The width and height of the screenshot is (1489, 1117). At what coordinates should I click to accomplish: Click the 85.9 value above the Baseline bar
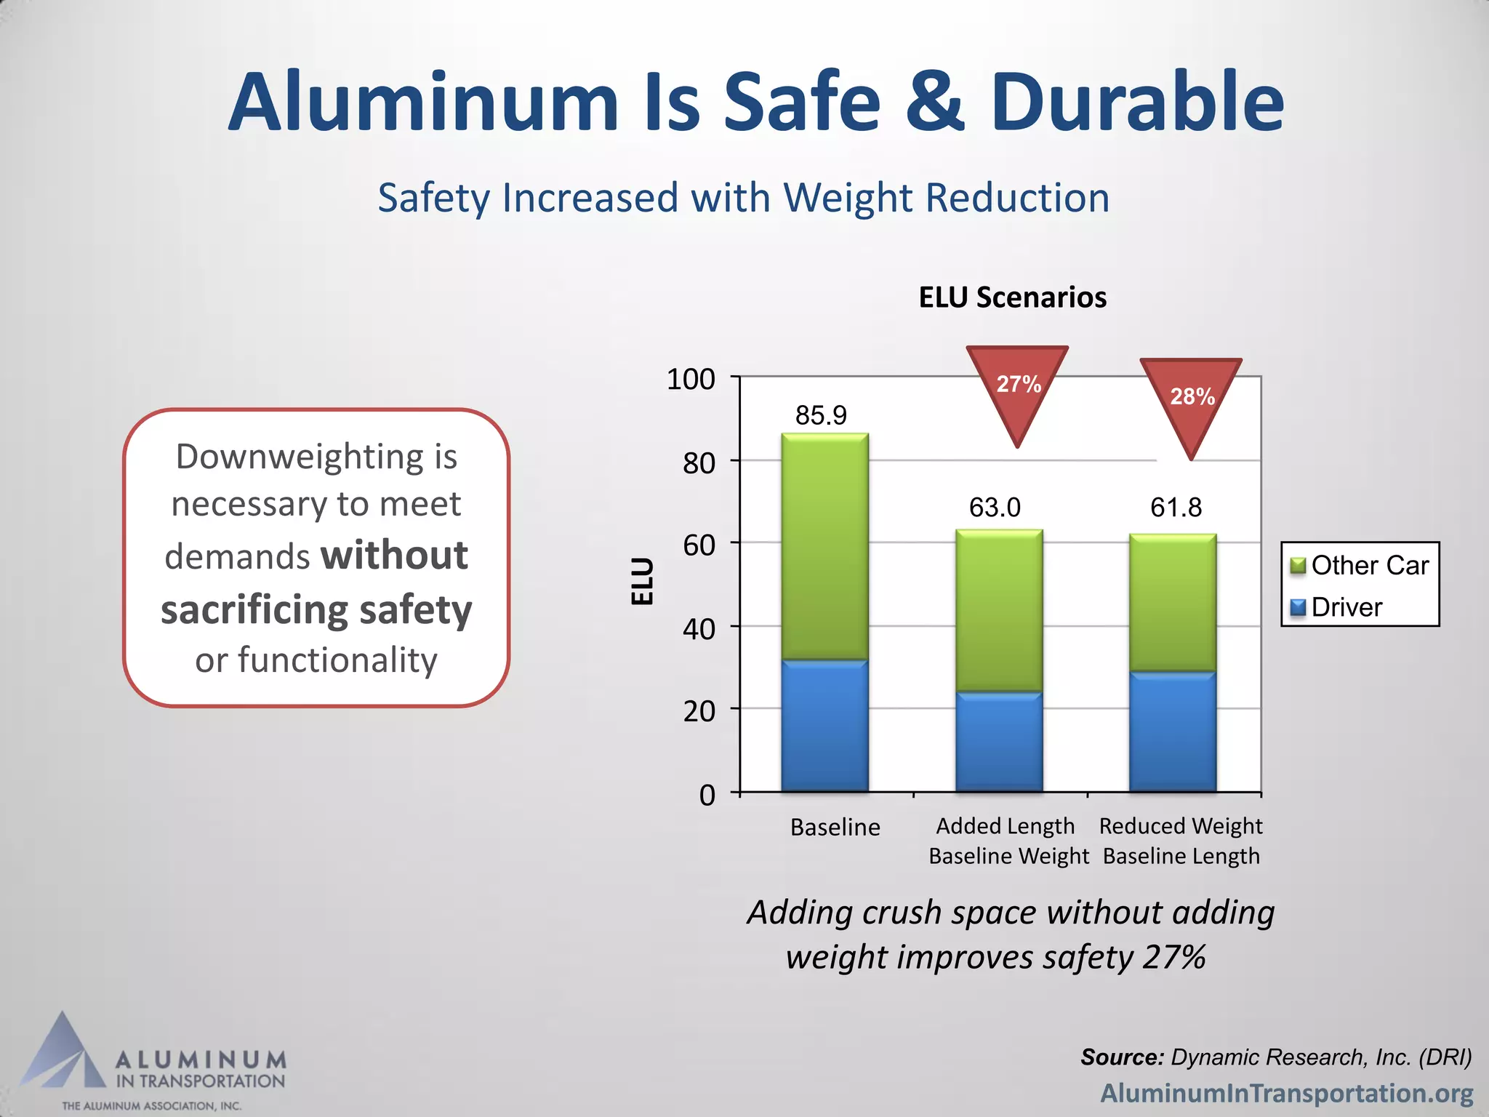point(821,415)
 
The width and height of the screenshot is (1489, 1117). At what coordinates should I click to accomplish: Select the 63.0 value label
point(995,507)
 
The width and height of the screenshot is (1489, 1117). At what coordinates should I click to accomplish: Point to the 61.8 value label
point(1176,507)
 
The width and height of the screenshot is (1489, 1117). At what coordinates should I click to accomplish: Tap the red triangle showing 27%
point(1017,385)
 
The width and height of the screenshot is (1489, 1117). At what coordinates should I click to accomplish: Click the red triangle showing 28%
point(1191,398)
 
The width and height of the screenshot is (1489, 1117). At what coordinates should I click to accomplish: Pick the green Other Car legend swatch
point(1298,566)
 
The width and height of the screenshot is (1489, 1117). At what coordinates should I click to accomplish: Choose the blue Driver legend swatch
point(1298,607)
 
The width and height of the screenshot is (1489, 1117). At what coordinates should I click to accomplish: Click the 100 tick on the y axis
point(691,380)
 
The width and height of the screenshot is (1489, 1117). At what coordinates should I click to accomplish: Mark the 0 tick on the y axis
point(707,795)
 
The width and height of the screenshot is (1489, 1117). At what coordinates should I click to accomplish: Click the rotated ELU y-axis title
point(643,582)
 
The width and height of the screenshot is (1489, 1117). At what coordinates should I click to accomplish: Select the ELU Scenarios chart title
point(1012,297)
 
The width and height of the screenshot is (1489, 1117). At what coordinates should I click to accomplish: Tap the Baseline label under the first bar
point(835,828)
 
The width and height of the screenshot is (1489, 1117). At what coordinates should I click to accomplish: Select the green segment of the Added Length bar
point(999,611)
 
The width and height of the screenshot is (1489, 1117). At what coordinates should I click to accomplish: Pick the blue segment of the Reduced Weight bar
point(1172,731)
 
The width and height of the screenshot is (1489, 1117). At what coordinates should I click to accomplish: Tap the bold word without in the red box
point(395,556)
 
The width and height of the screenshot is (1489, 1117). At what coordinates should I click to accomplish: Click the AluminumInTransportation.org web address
point(1286,1093)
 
